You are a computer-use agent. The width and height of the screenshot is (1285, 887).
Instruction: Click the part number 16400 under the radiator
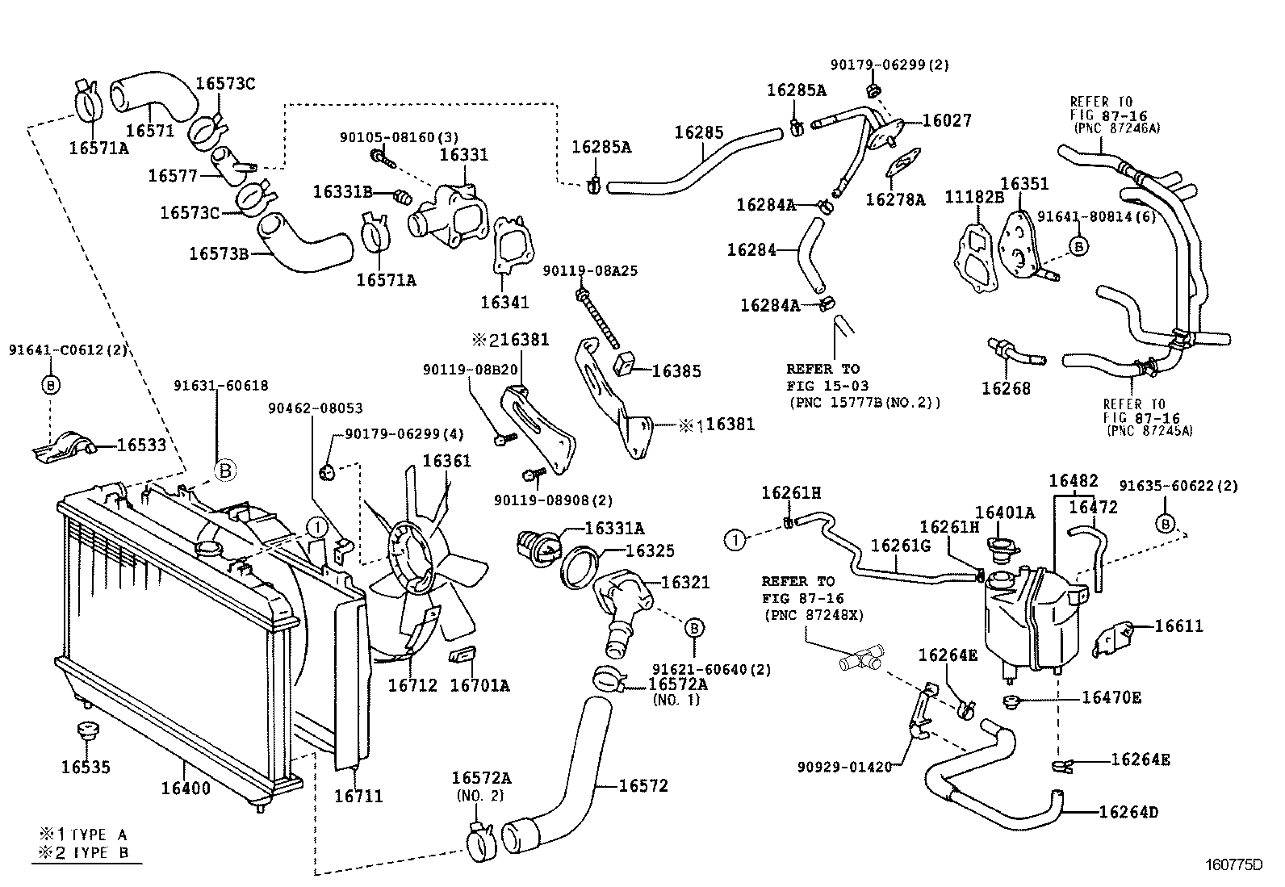(x=186, y=788)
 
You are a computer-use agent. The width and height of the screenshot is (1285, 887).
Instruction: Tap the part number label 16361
(x=446, y=461)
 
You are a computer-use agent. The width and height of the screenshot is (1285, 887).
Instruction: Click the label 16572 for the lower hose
(x=643, y=785)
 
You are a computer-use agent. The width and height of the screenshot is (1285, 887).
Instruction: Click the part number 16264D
(x=1128, y=812)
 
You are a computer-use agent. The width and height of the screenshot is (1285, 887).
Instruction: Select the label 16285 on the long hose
(x=699, y=133)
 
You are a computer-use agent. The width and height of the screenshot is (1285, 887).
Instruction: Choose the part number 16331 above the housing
(x=464, y=155)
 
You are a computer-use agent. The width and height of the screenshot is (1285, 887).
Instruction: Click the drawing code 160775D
(x=1233, y=864)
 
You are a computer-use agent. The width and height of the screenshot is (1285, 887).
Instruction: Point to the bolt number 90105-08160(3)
(x=398, y=138)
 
